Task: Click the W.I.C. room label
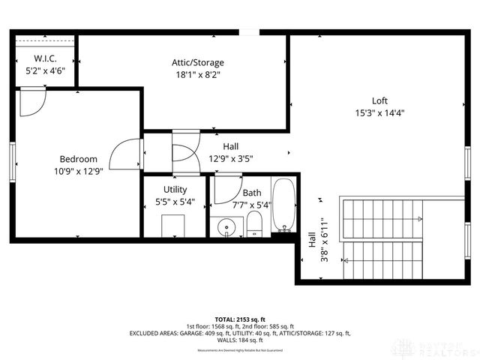(40, 58)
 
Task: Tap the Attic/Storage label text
(197, 62)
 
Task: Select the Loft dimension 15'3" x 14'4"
(379, 113)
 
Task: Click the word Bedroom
(79, 158)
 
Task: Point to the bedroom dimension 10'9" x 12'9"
(79, 170)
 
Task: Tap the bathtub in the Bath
(283, 205)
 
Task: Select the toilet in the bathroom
(254, 223)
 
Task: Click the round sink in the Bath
(226, 226)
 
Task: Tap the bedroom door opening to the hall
(126, 154)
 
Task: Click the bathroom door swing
(226, 189)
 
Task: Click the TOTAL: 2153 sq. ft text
(240, 319)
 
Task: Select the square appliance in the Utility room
(174, 225)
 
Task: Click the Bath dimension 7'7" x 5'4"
(251, 204)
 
